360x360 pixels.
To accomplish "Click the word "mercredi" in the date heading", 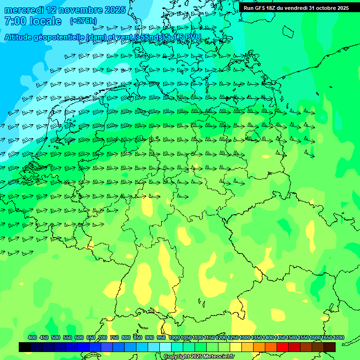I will [x=24, y=10].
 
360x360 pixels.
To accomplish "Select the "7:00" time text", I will [x=14, y=21].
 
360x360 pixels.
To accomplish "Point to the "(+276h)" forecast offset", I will [x=83, y=21].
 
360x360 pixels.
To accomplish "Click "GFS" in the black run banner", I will [x=260, y=8].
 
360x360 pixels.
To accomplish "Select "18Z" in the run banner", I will [x=270, y=8].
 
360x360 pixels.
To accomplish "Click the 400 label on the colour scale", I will [x=32, y=337].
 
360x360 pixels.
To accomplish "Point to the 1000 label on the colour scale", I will [x=174, y=337].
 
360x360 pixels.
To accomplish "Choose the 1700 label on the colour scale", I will [x=338, y=337].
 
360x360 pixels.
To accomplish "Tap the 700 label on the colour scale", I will [x=103, y=337].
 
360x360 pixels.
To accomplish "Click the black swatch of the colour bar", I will [x=25, y=347].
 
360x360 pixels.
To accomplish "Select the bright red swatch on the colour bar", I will [x=283, y=347].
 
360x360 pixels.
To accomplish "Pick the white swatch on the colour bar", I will [x=165, y=347].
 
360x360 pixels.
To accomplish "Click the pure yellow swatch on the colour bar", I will [x=236, y=347].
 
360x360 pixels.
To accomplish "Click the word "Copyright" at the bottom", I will [x=177, y=357].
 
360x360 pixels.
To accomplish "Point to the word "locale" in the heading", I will [x=45, y=21].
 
